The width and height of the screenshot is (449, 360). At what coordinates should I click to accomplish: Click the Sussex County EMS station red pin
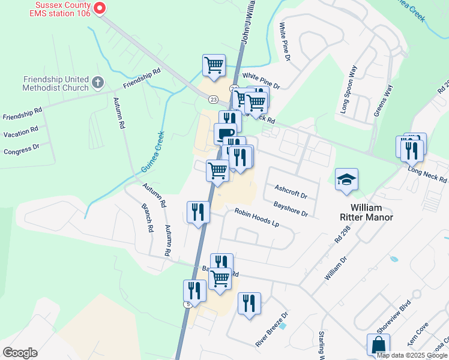click(x=100, y=8)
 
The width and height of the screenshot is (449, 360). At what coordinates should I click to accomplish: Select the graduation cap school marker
click(x=346, y=179)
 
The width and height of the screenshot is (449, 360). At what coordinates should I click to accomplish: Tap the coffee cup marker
click(x=224, y=133)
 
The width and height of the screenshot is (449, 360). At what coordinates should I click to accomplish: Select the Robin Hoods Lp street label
click(x=257, y=217)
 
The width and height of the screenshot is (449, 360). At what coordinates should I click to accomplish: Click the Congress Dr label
click(x=21, y=148)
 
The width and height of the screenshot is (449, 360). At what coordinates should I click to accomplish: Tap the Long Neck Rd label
click(x=427, y=175)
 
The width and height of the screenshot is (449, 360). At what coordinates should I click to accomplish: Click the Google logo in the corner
click(x=20, y=353)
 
